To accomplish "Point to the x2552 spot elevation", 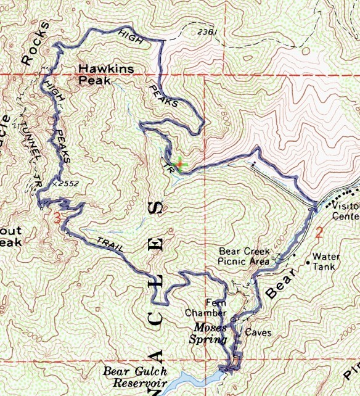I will point(66,183).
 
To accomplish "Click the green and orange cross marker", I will point(179,165).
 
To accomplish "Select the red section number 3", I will point(57,218).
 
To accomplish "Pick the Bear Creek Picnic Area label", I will point(246,257).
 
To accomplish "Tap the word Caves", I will point(258,332).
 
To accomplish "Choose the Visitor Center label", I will point(345,212).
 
